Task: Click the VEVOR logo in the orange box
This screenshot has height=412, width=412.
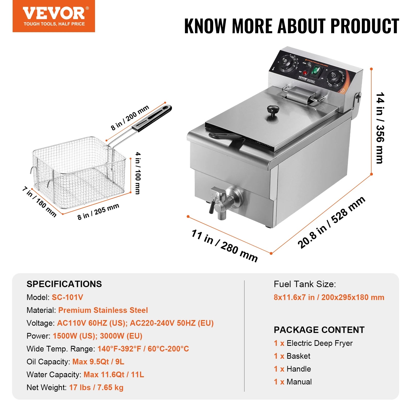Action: pyautogui.click(x=54, y=13)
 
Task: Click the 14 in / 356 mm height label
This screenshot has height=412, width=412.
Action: pyautogui.click(x=380, y=128)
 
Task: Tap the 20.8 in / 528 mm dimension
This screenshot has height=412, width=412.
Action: pyautogui.click(x=331, y=222)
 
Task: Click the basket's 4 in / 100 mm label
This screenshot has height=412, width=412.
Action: pyautogui.click(x=138, y=173)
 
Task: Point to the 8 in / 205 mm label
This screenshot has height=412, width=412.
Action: pyautogui.click(x=98, y=211)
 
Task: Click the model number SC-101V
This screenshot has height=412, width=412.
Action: pyautogui.click(x=67, y=297)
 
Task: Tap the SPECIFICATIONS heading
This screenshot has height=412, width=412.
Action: pyautogui.click(x=64, y=284)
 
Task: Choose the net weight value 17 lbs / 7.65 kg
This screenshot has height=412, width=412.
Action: pyautogui.click(x=96, y=388)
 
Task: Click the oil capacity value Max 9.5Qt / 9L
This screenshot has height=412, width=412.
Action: pyautogui.click(x=98, y=362)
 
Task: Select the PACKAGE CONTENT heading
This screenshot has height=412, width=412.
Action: pyautogui.click(x=319, y=330)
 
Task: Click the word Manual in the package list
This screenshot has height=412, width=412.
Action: pyautogui.click(x=299, y=382)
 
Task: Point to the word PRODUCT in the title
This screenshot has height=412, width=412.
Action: pyautogui.click(x=365, y=26)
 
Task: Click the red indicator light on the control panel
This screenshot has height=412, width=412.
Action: pyautogui.click(x=305, y=73)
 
